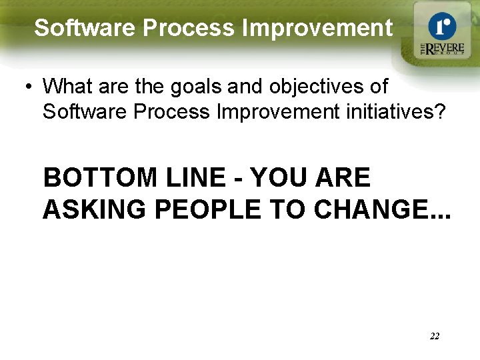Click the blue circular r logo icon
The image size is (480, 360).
(441, 26)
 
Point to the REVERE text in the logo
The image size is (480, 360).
(445, 49)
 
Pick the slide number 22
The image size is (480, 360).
(434, 336)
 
